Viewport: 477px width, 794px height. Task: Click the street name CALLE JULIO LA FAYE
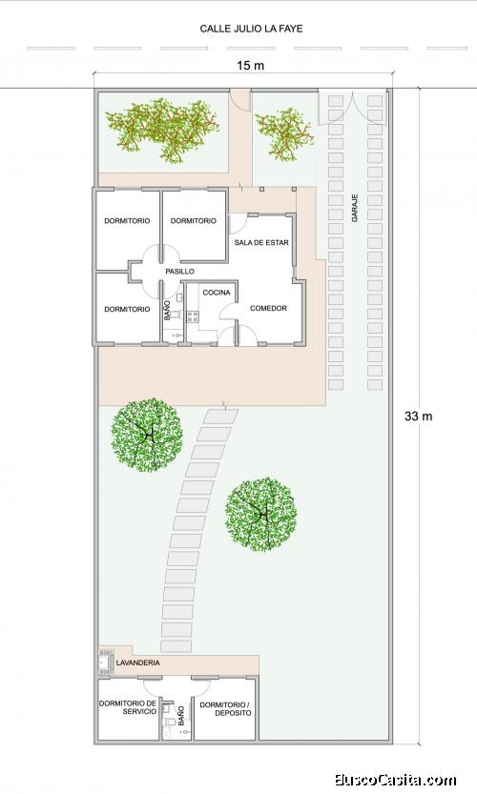click(251, 29)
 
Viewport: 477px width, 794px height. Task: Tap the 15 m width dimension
click(250, 66)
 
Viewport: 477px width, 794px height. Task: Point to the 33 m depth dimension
click(418, 417)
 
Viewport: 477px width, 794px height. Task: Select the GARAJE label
click(355, 208)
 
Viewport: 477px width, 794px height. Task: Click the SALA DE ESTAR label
click(261, 242)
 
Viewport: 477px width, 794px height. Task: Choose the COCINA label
click(217, 293)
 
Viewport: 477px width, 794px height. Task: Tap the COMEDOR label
click(268, 308)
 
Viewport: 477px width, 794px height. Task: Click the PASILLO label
click(179, 272)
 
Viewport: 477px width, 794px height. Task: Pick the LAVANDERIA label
click(138, 662)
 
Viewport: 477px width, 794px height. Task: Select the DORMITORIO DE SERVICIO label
click(128, 707)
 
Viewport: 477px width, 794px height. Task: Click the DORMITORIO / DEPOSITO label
click(225, 708)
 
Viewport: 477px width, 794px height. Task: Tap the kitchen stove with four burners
click(193, 317)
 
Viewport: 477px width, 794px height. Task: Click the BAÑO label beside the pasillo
click(168, 310)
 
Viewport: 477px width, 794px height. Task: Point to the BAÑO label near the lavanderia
click(181, 716)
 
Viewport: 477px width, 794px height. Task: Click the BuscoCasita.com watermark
click(395, 780)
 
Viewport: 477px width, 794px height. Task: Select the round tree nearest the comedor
click(147, 435)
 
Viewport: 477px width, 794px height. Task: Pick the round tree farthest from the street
click(261, 514)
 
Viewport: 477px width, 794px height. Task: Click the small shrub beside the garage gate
click(284, 134)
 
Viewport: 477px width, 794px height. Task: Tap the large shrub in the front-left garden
click(162, 131)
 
